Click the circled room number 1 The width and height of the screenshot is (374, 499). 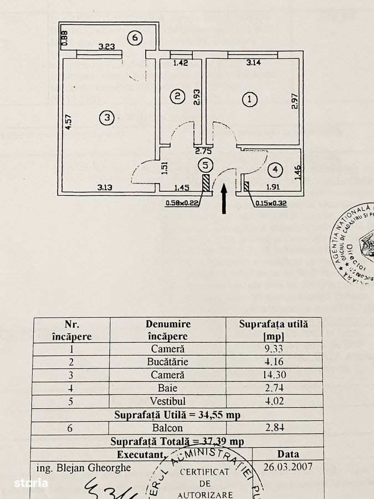tap(250, 100)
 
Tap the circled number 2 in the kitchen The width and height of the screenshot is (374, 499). tap(177, 96)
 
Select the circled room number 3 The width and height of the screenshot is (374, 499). tap(106, 117)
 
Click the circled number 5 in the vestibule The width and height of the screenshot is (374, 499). tap(206, 165)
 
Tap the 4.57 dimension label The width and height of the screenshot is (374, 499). tap(68, 121)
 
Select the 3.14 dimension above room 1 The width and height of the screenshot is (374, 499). tap(254, 62)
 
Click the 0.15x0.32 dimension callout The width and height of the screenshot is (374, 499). tap(271, 203)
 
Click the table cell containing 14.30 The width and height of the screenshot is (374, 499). tap(273, 374)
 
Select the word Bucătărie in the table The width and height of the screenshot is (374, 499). tap(168, 361)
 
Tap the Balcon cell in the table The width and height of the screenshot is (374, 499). tap(168, 427)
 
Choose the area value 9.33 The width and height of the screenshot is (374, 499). tap(273, 349)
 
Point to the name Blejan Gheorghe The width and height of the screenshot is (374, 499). tap(83, 467)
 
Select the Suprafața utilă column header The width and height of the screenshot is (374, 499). tap(273, 329)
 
